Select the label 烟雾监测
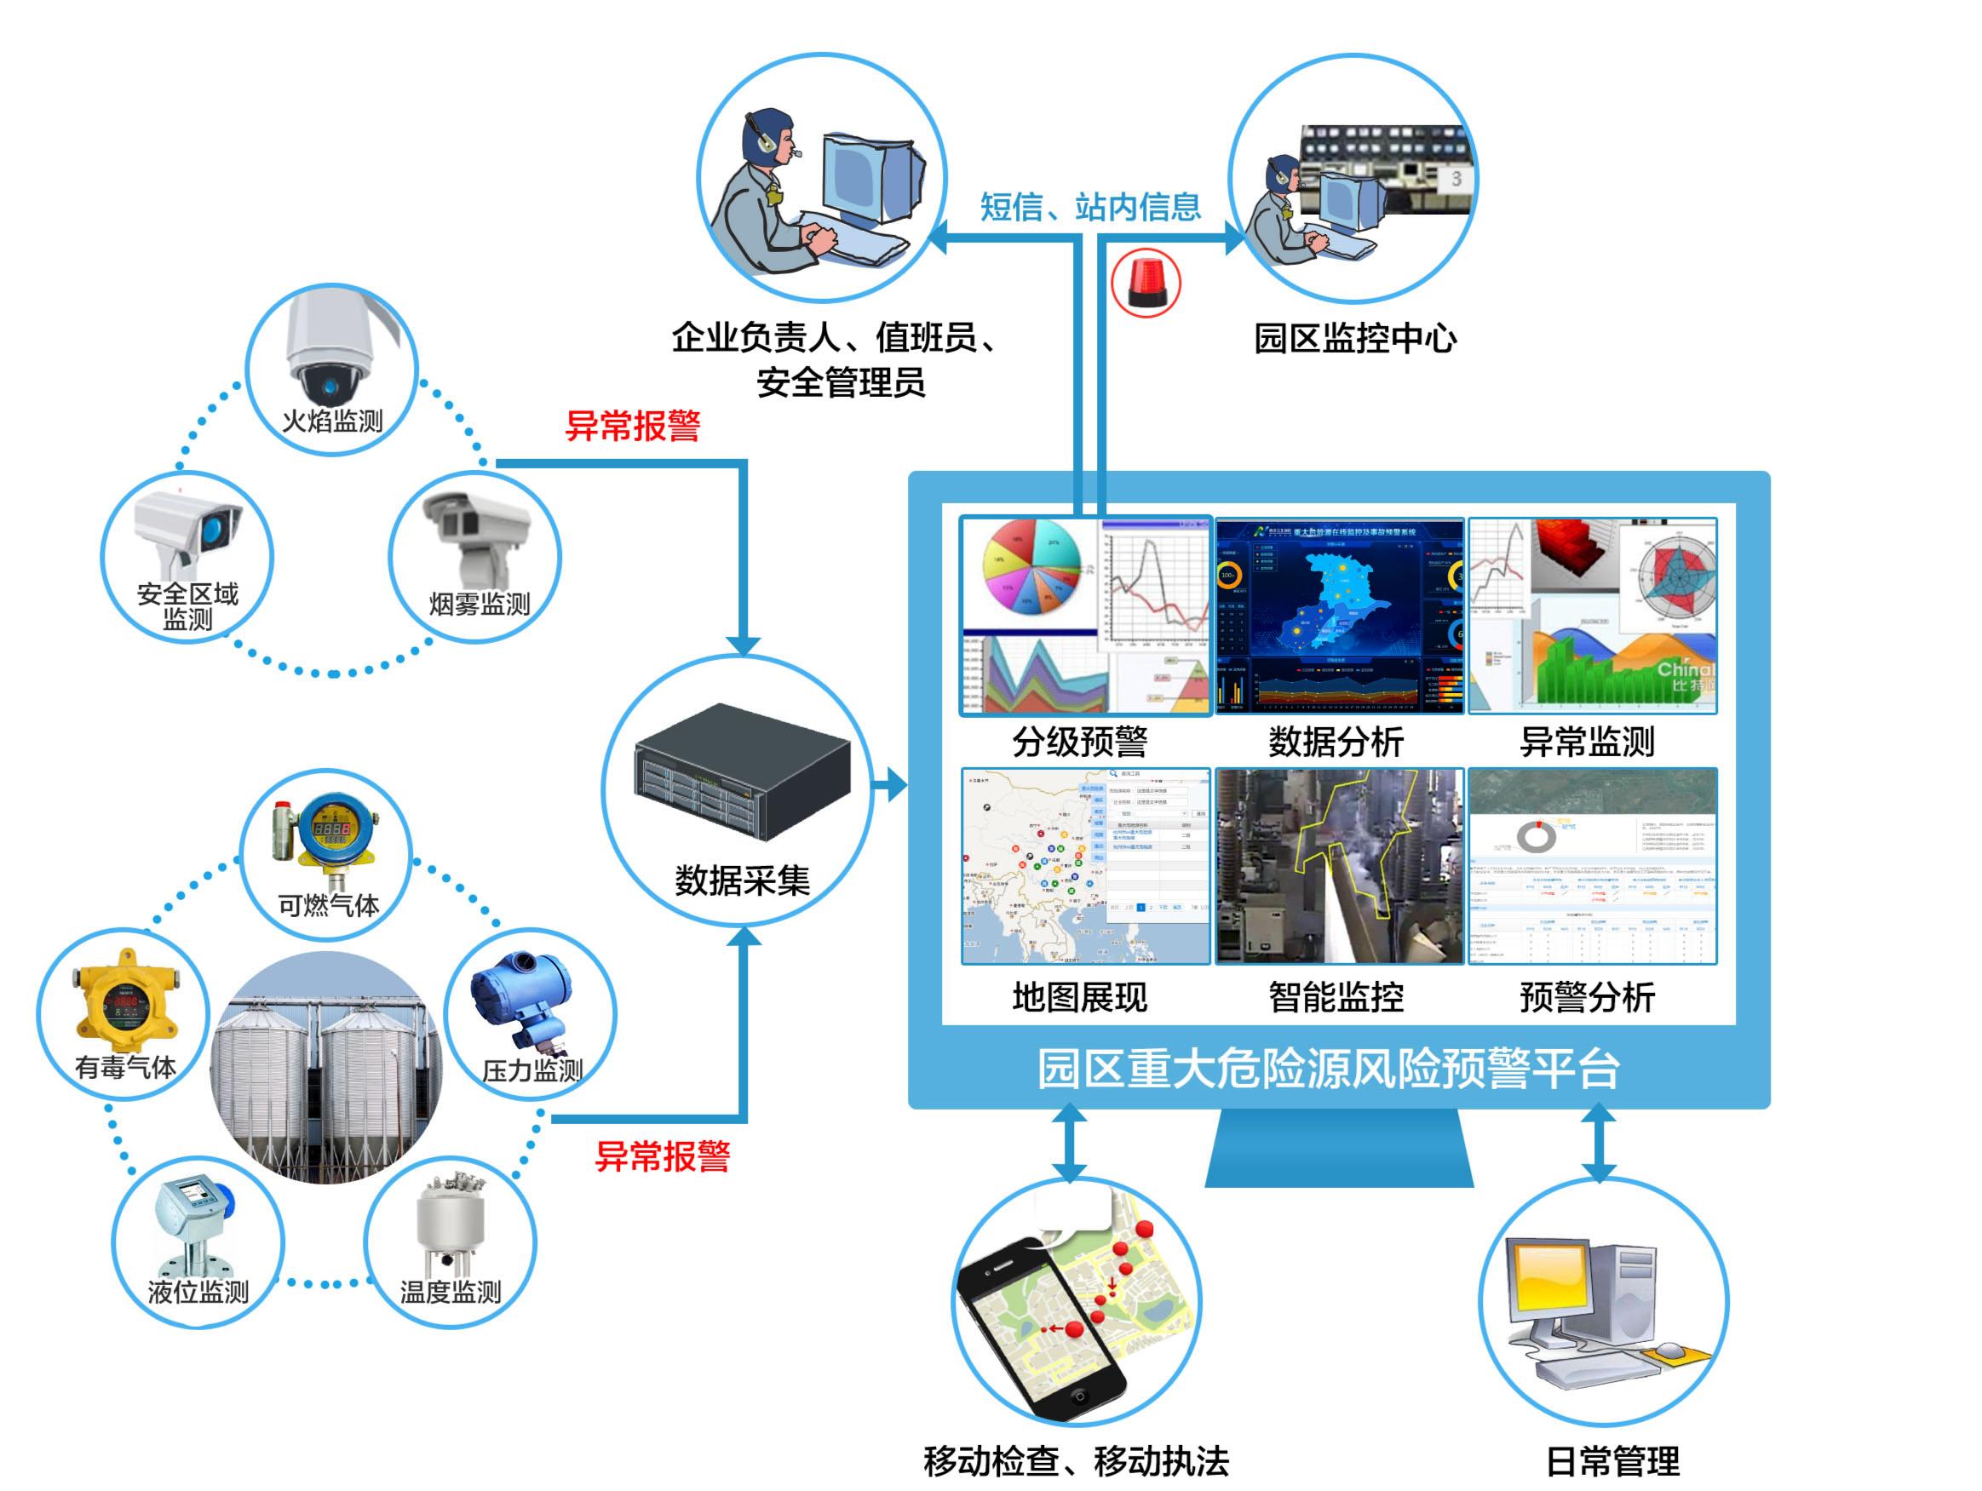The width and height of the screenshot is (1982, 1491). (x=480, y=604)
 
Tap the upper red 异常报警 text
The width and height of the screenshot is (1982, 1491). (x=633, y=426)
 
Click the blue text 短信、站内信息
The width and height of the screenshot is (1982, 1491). (x=1089, y=207)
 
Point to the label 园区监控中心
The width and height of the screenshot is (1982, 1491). (x=1354, y=339)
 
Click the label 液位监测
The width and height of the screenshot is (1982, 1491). (x=198, y=1291)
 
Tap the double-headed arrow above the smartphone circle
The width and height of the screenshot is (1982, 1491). (x=1069, y=1144)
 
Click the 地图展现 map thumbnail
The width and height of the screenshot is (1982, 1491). (x=1085, y=866)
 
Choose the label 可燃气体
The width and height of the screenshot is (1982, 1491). (x=328, y=905)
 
